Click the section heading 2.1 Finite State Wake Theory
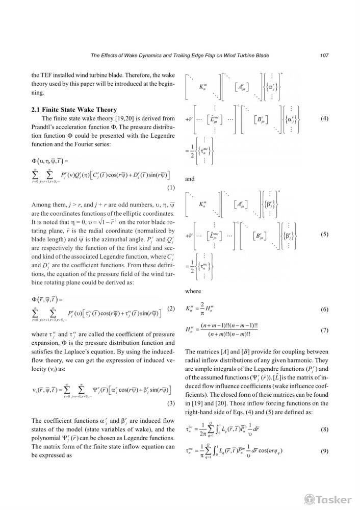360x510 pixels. coord(74,110)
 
